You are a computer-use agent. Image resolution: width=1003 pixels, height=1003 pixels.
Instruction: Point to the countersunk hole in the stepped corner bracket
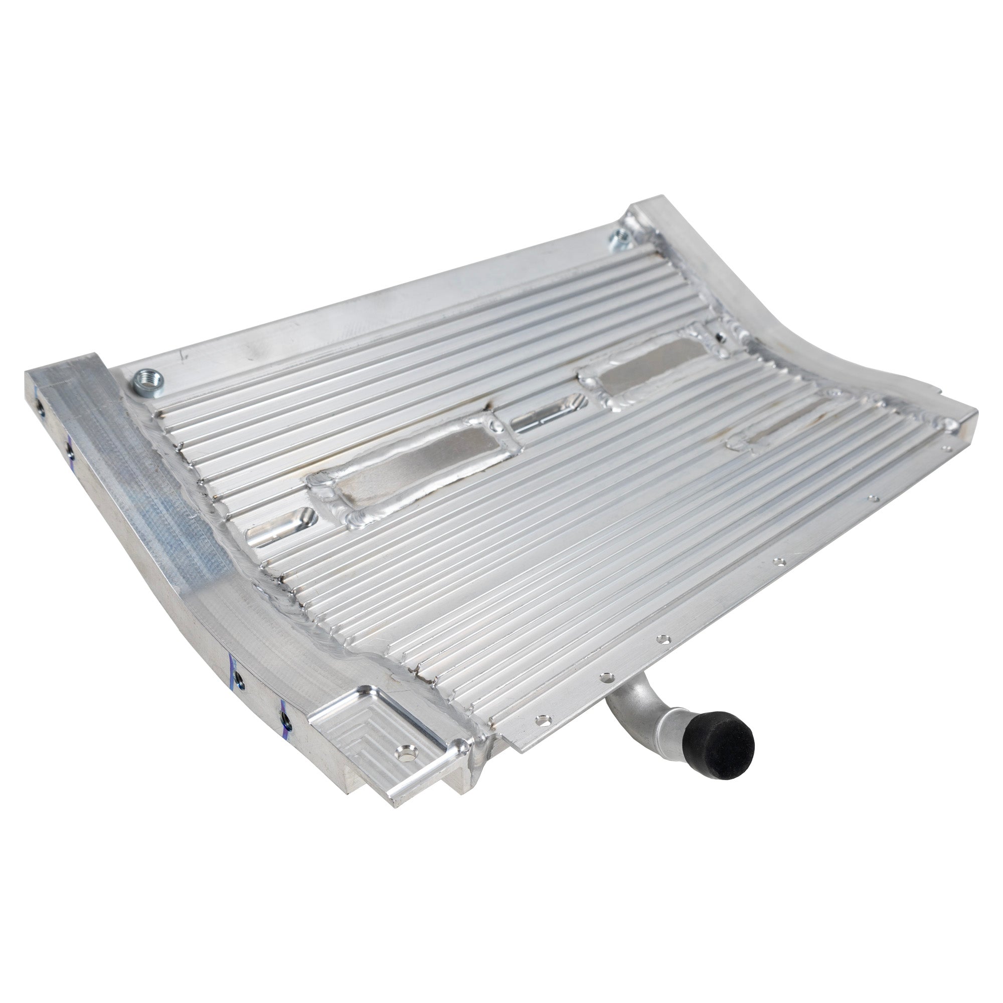[405, 751]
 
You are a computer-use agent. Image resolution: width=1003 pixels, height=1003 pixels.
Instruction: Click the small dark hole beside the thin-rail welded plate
[719, 337]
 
